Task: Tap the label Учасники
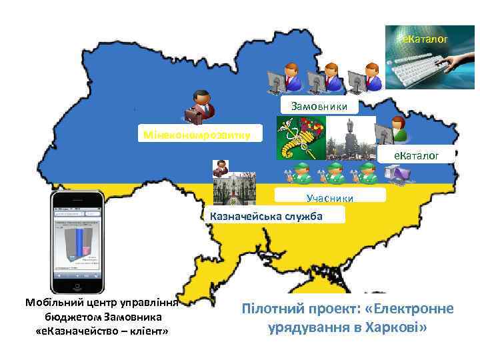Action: pyautogui.click(x=329, y=197)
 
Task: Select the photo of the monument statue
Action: pyautogui.click(x=351, y=138)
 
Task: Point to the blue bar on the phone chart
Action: pyautogui.click(x=79, y=241)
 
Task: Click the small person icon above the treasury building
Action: pyautogui.click(x=220, y=169)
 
